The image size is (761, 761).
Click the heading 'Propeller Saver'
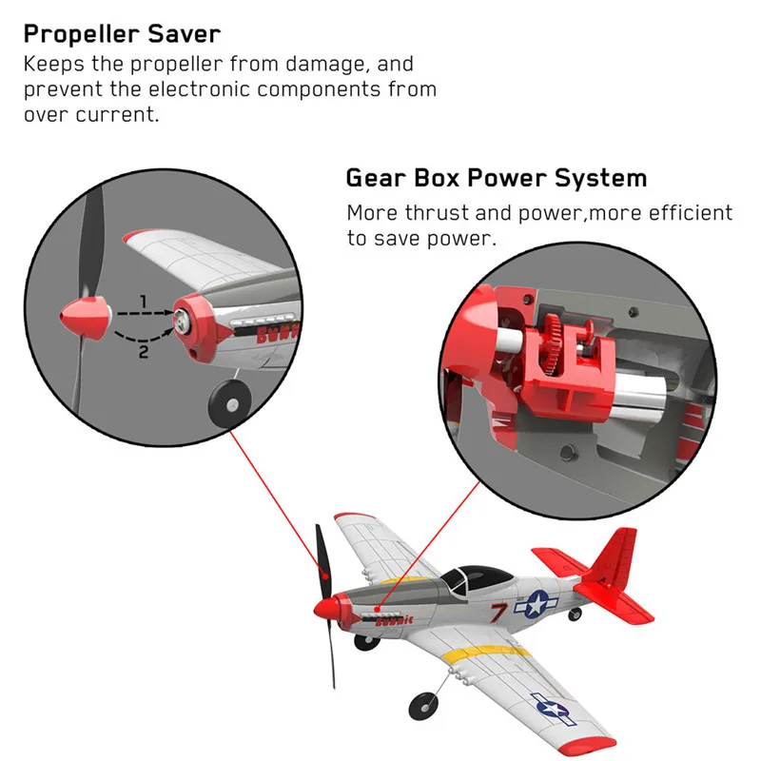point(122,34)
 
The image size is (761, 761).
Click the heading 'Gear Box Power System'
point(496,178)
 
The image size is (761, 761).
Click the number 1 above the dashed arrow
point(144,302)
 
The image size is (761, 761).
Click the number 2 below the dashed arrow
point(144,352)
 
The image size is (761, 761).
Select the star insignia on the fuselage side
point(538,603)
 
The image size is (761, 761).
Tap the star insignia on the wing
point(552,707)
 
